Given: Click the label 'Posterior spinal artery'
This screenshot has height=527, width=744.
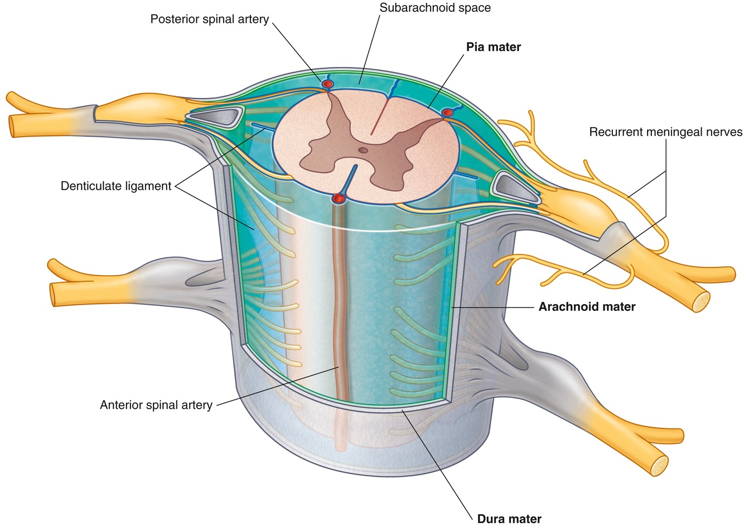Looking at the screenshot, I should click(x=209, y=19).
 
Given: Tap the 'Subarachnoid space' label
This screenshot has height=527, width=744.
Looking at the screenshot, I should click(x=435, y=8).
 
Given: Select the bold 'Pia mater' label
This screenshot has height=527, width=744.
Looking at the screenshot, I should click(x=494, y=47).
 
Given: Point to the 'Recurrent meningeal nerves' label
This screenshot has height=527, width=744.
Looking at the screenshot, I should click(x=666, y=132).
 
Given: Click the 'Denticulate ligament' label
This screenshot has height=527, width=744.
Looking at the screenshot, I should click(x=115, y=186).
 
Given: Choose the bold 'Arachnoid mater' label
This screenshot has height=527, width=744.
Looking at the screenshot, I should click(x=587, y=307).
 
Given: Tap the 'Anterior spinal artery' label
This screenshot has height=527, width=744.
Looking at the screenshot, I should click(x=156, y=405).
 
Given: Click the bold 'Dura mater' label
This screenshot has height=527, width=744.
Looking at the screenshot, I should click(x=509, y=519).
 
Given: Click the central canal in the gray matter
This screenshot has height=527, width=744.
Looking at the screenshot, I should click(x=363, y=150).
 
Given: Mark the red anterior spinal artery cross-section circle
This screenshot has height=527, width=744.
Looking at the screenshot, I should click(x=338, y=199).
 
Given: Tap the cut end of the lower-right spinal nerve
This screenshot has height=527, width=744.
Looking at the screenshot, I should click(x=659, y=466).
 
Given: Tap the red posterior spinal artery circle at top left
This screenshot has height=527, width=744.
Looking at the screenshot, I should click(x=327, y=84).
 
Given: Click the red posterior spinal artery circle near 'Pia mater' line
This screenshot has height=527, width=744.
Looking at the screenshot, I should click(x=447, y=113).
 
